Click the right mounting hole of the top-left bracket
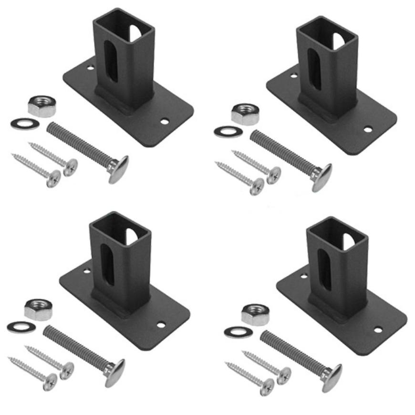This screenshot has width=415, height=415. click(164, 122)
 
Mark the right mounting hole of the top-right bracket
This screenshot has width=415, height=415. click(368, 129)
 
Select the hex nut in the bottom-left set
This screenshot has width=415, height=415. click(39, 309)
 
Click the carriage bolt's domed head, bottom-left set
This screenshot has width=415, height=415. click(115, 372)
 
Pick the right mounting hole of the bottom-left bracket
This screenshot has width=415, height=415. click(161, 325)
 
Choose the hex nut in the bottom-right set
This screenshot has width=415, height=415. click(256, 313)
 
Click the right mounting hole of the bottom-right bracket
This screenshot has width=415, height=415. click(378, 330)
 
